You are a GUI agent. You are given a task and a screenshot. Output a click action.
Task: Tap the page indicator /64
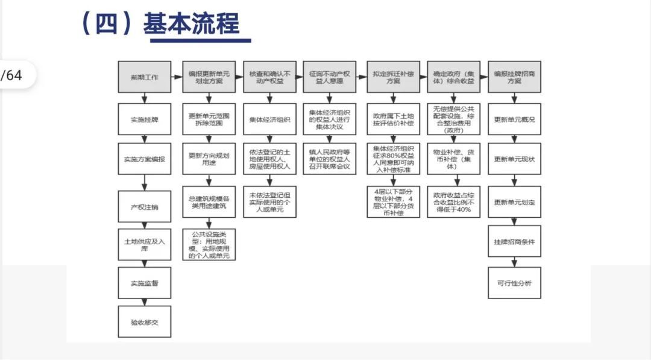(13, 75)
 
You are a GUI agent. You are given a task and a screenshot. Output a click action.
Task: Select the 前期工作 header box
(145, 77)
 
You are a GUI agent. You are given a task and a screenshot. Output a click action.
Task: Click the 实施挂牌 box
(145, 119)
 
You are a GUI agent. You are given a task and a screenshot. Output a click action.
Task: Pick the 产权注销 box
(145, 207)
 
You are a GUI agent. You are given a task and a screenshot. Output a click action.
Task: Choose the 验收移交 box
(145, 321)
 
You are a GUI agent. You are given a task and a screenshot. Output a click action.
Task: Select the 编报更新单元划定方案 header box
(209, 77)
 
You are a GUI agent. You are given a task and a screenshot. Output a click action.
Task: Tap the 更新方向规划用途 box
(209, 159)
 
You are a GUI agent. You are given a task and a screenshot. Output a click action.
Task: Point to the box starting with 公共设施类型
(209, 244)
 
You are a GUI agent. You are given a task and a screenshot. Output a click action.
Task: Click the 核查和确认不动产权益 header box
(269, 77)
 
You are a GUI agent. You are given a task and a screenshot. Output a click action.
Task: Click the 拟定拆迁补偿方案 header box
(393, 77)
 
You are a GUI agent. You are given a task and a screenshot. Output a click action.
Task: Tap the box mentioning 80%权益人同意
(393, 159)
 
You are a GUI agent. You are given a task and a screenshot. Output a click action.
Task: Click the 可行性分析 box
(514, 283)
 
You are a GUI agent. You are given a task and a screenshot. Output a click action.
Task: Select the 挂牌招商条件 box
(514, 241)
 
